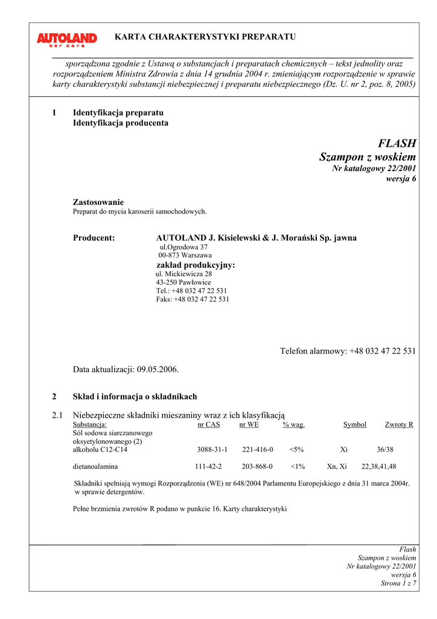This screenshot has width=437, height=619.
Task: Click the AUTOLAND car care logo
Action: pyautogui.click(x=66, y=40)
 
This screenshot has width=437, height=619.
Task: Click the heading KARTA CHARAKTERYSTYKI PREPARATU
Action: pyautogui.click(x=205, y=37)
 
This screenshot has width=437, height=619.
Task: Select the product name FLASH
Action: pyautogui.click(x=397, y=143)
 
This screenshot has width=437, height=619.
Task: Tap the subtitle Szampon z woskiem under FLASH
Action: pyautogui.click(x=367, y=157)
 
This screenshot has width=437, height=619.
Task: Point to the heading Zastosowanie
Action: pyautogui.click(x=98, y=202)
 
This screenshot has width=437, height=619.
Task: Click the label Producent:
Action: pyautogui.click(x=94, y=238)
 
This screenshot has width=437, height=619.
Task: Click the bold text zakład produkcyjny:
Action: pyautogui.click(x=196, y=265)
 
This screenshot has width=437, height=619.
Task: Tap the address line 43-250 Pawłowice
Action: pyautogui.click(x=183, y=282)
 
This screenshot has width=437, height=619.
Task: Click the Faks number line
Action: pyautogui.click(x=193, y=299)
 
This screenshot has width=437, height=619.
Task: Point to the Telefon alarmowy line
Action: pyautogui.click(x=348, y=351)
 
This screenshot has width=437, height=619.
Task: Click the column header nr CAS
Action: pyautogui.click(x=209, y=425)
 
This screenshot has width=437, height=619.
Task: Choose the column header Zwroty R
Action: pyautogui.click(x=399, y=425)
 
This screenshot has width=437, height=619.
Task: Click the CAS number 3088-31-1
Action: pyautogui.click(x=212, y=450)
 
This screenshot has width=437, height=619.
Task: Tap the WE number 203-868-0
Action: pyautogui.click(x=257, y=467)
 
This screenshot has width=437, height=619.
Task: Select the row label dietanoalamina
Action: pyautogui.click(x=95, y=467)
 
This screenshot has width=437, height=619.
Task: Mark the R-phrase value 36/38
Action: pyautogui.click(x=385, y=450)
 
